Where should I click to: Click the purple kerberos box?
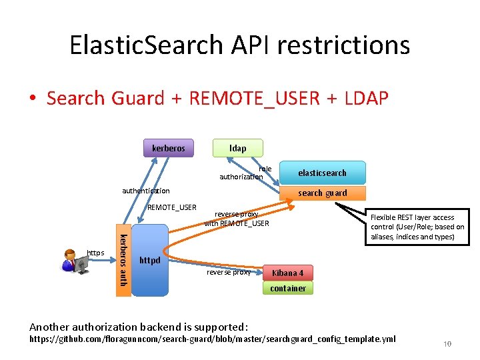click(168, 147)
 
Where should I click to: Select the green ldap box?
click(237, 147)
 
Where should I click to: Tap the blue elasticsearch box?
click(322, 173)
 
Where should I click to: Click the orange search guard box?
click(322, 193)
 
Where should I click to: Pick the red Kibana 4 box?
click(287, 273)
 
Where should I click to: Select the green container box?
click(287, 288)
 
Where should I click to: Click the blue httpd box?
click(149, 260)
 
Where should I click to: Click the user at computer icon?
click(75, 261)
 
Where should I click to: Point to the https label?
click(95, 252)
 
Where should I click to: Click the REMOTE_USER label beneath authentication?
click(171, 207)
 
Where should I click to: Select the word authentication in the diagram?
click(145, 191)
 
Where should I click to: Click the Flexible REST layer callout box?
click(417, 227)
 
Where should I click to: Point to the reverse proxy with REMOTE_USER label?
click(236, 219)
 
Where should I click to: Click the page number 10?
click(447, 344)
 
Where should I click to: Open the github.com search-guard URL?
click(212, 339)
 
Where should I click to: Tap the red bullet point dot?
click(32, 99)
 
